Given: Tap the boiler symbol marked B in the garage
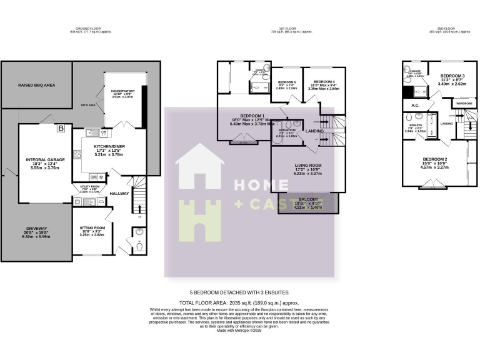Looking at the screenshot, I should click(61, 129).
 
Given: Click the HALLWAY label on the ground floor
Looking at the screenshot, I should click(119, 194).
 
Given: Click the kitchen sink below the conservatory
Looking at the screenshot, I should click(89, 132).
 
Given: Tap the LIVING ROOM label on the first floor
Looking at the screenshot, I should click(307, 166).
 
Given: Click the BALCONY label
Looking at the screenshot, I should click(307, 199).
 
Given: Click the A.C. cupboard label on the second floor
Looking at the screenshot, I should click(415, 105).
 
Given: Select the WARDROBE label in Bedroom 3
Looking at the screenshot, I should click(464, 103).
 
